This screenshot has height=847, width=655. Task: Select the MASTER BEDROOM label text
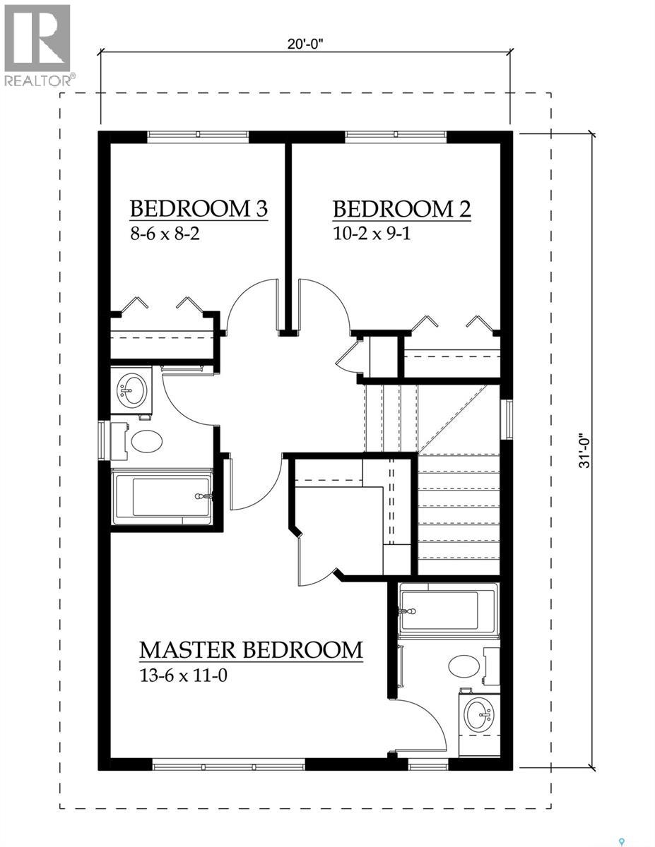click(x=251, y=649)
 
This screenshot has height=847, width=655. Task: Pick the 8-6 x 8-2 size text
click(x=165, y=234)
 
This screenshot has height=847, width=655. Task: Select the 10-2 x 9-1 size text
click(x=372, y=234)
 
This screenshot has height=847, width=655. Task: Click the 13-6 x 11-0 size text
click(x=183, y=675)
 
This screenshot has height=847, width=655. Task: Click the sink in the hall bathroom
click(x=132, y=389)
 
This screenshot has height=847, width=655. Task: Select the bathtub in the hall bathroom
click(x=163, y=497)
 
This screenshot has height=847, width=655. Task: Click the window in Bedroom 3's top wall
click(x=198, y=136)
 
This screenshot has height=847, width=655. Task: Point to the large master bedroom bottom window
click(x=228, y=764)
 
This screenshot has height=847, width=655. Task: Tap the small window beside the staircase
click(x=505, y=420)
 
